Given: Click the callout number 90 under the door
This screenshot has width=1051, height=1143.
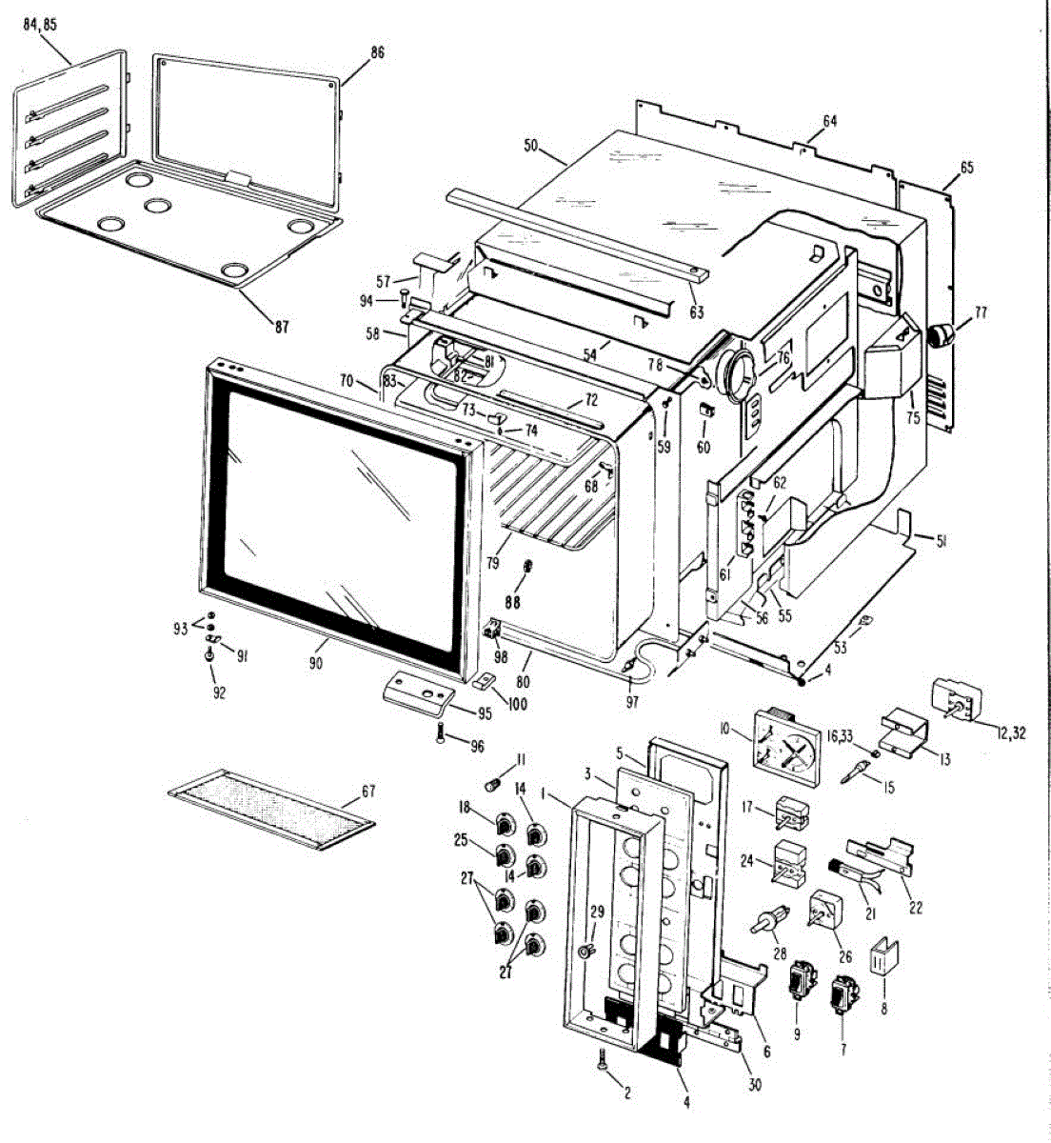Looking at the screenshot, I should coord(317,648).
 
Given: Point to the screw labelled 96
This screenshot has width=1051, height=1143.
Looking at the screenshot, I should coord(441,734).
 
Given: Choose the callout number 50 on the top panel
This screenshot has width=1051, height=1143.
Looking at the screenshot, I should coord(530,146).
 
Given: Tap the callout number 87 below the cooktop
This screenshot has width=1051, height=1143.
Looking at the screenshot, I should coord(282,327).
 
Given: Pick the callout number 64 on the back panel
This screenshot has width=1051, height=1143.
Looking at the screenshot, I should coord(829,121).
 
